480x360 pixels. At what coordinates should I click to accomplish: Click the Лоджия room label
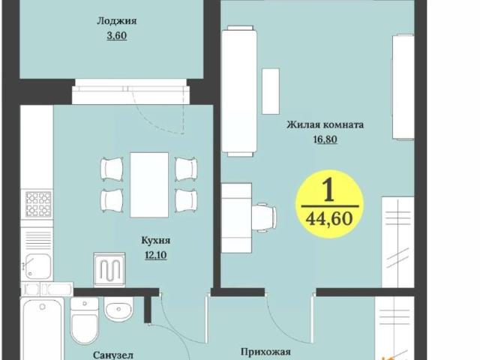pyautogui.click(x=112, y=22)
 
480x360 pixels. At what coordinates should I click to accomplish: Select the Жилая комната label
pyautogui.click(x=325, y=125)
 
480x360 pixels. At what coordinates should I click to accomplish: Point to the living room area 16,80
pyautogui.click(x=325, y=139)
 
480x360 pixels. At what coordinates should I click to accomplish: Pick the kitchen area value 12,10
pyautogui.click(x=156, y=254)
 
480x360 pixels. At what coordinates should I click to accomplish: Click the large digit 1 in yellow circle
pyautogui.click(x=328, y=190)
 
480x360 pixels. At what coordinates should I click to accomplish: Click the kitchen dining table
pyautogui.click(x=149, y=184)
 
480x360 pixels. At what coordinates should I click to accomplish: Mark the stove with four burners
pyautogui.click(x=37, y=203)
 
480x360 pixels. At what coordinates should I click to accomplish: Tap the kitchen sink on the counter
pyautogui.click(x=37, y=264)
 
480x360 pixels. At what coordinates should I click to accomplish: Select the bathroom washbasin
pyautogui.click(x=118, y=309)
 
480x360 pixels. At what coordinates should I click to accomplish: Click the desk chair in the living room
pyautogui.click(x=262, y=216)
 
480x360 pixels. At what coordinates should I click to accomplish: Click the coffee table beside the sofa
pyautogui.click(x=270, y=91)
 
